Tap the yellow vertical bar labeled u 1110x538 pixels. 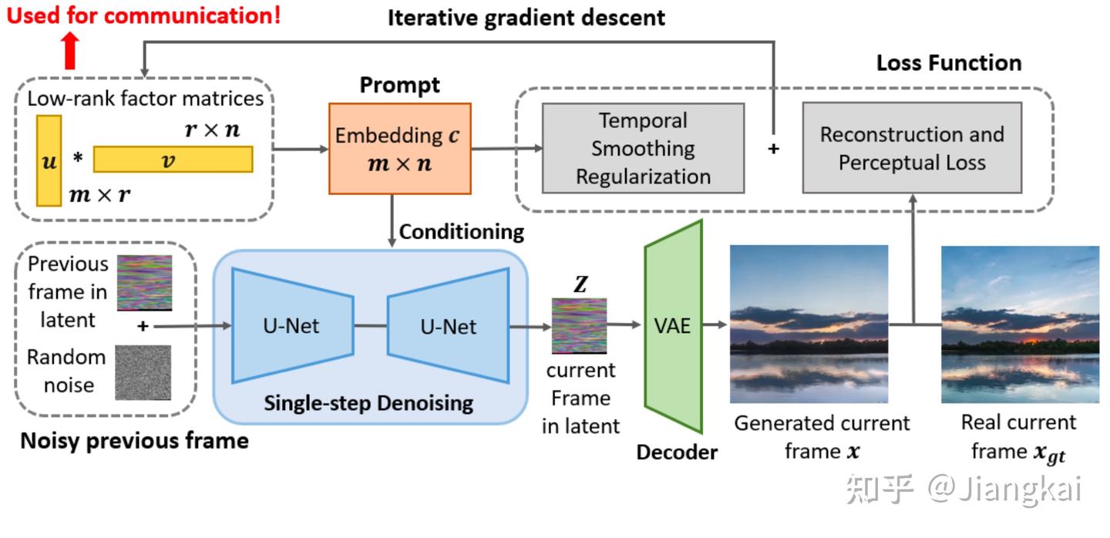tap(49, 160)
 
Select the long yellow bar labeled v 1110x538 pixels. tap(173, 159)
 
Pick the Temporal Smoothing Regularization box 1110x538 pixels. tap(643, 148)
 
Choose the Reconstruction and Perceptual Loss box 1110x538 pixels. tap(912, 148)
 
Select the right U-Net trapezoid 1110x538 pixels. tap(448, 325)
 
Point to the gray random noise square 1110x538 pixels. tap(143, 372)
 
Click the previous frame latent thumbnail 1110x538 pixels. tap(144, 281)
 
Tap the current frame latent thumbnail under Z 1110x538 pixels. tap(579, 326)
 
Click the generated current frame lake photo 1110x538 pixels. tap(809, 324)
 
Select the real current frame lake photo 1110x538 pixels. tap(1020, 324)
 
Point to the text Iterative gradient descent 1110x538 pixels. tap(526, 17)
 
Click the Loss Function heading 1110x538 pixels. tap(948, 62)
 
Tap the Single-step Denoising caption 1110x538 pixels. tap(368, 402)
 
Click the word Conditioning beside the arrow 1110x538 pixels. tap(462, 231)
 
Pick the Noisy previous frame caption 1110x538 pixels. tap(134, 441)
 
